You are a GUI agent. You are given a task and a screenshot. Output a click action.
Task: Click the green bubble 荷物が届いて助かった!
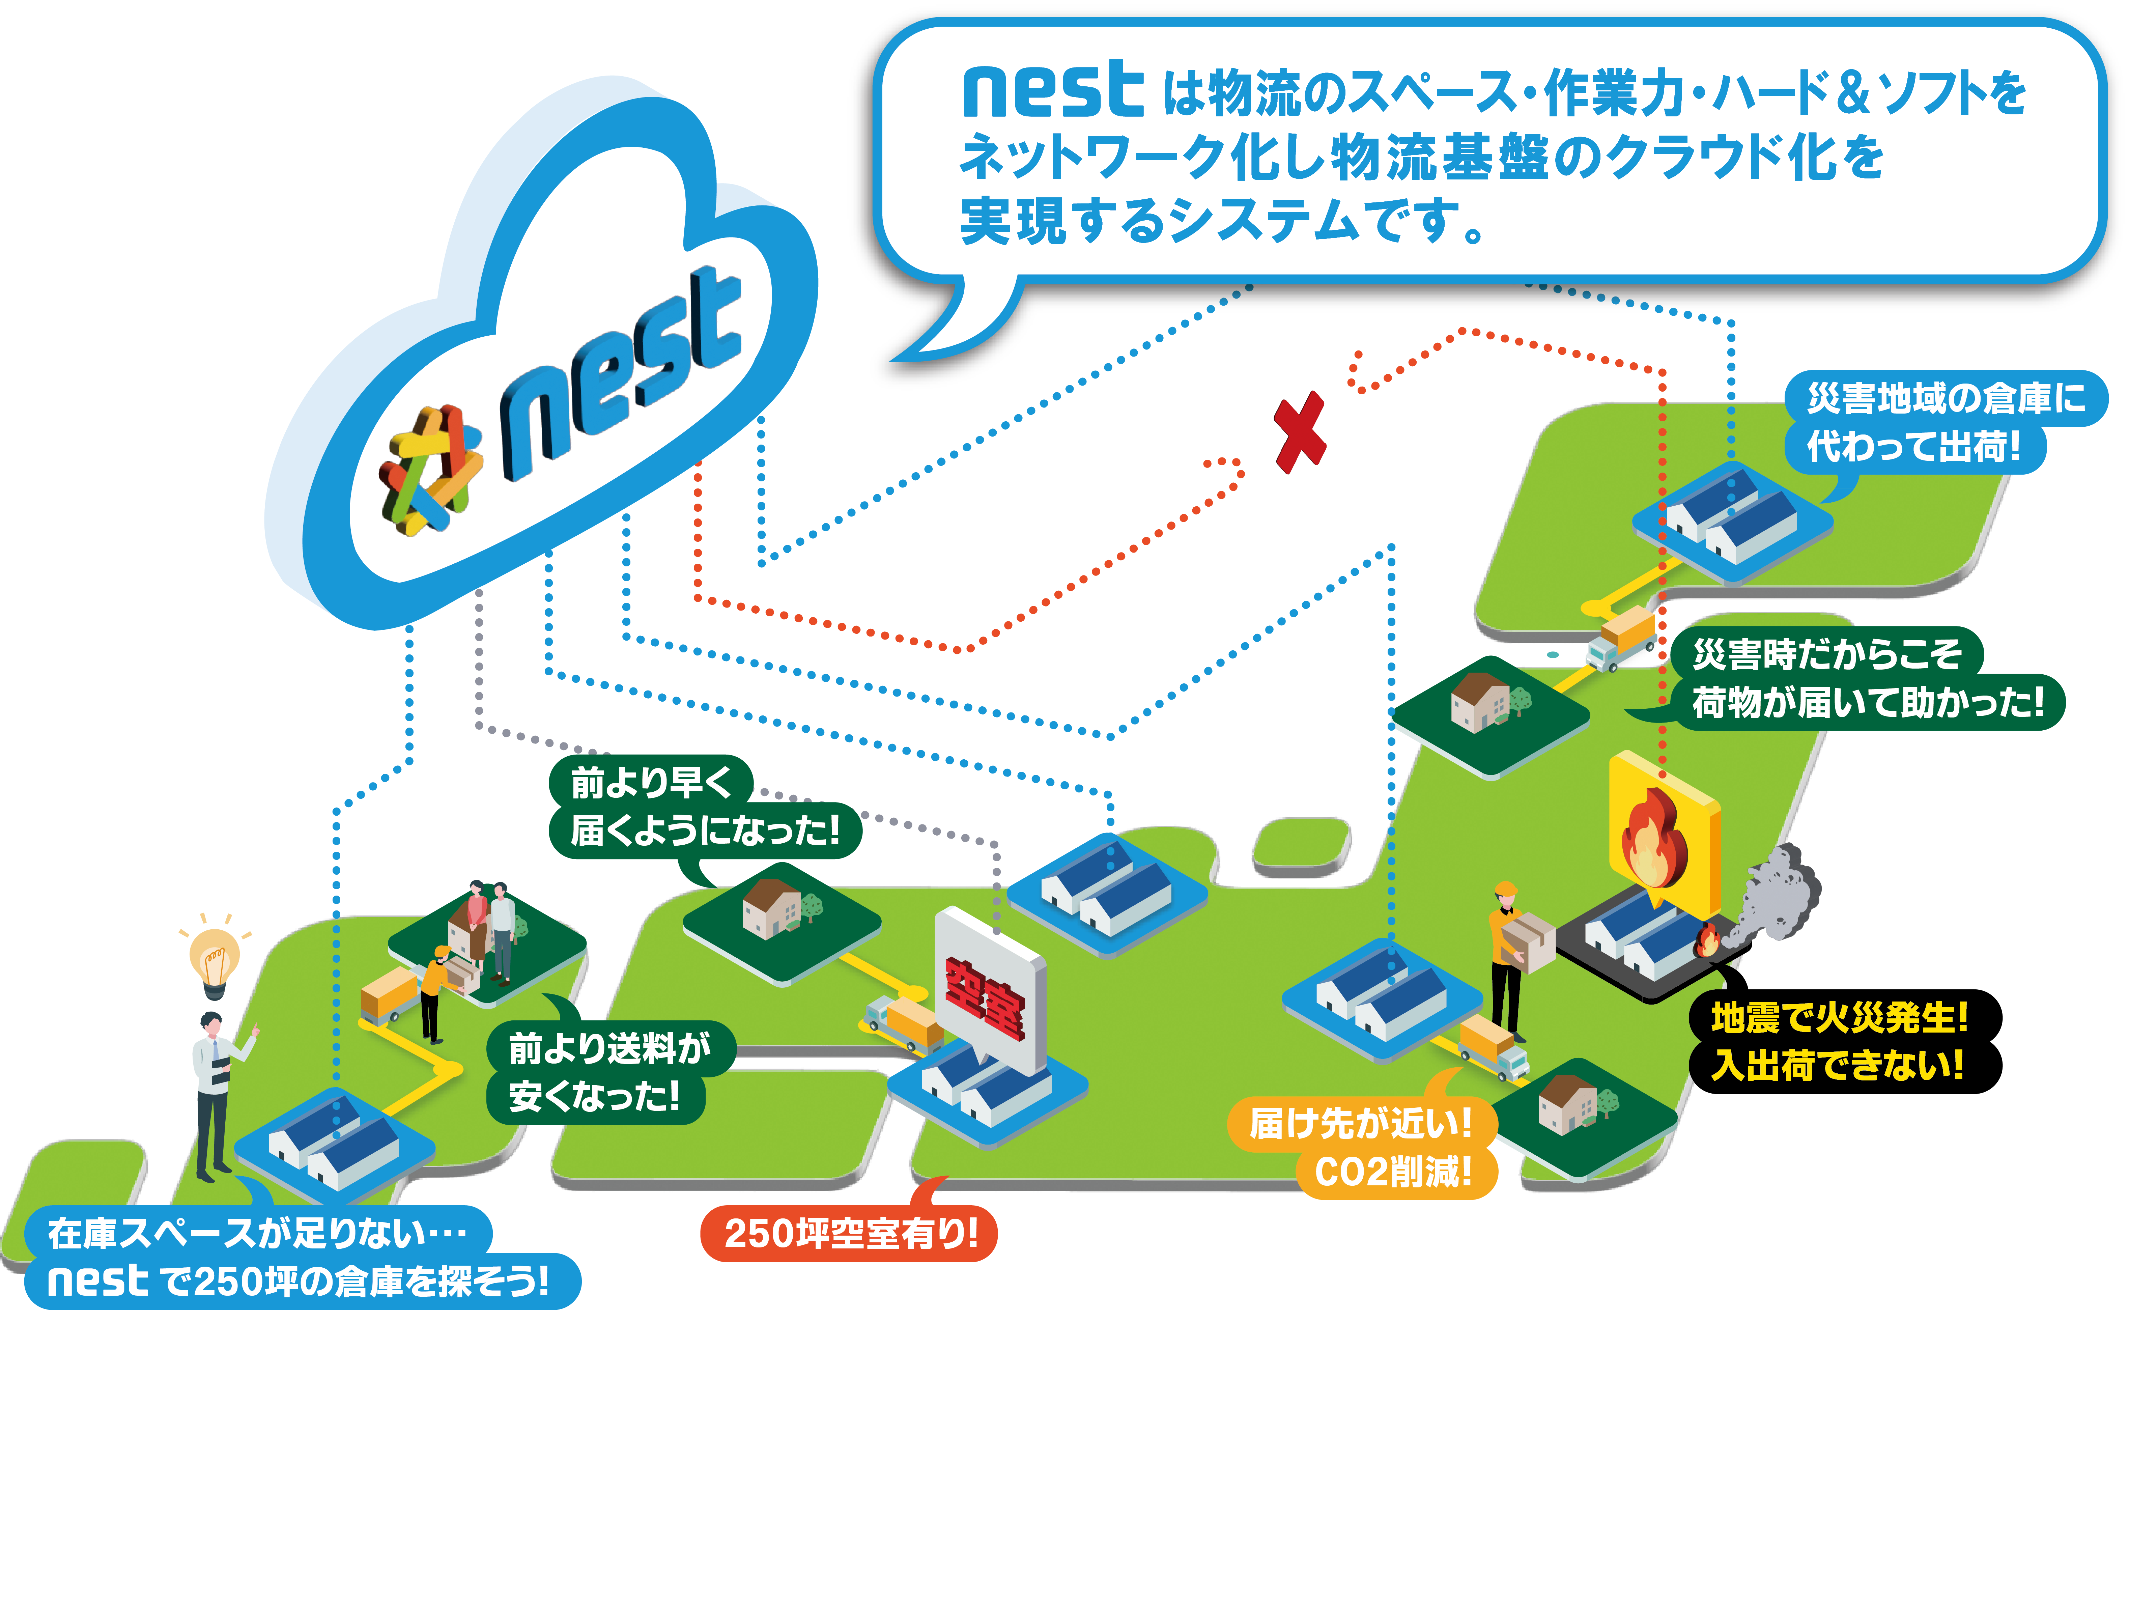coord(1867,703)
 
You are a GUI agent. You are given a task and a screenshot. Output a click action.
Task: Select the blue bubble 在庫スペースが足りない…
coord(258,1233)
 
